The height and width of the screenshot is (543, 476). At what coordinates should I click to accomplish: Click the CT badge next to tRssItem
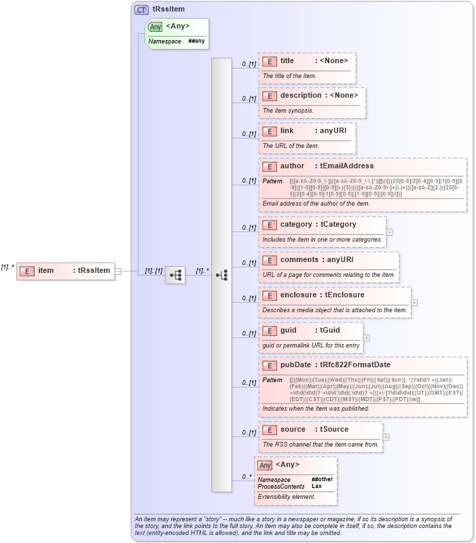[x=141, y=10]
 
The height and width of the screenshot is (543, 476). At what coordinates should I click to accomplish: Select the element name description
[x=300, y=96]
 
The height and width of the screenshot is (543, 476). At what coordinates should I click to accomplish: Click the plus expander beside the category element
[x=390, y=231]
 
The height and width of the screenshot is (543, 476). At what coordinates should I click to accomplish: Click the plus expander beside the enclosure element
[x=414, y=302]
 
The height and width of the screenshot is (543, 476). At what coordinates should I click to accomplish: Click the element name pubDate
[x=295, y=365]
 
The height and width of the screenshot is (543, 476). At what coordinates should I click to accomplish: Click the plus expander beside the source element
[x=386, y=436]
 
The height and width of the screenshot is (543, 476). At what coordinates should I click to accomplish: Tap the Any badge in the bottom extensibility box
[x=265, y=465]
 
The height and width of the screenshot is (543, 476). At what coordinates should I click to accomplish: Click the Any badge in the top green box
[x=155, y=27]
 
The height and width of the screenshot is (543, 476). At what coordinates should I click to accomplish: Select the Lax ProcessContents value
[x=316, y=486]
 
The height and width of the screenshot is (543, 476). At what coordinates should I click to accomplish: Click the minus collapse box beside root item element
[x=118, y=271]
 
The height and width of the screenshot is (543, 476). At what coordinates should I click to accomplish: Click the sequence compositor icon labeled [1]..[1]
[x=175, y=275]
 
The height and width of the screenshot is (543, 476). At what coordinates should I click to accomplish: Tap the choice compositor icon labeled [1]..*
[x=221, y=275]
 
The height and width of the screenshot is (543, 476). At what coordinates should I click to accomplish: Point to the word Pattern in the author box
[x=272, y=182]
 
